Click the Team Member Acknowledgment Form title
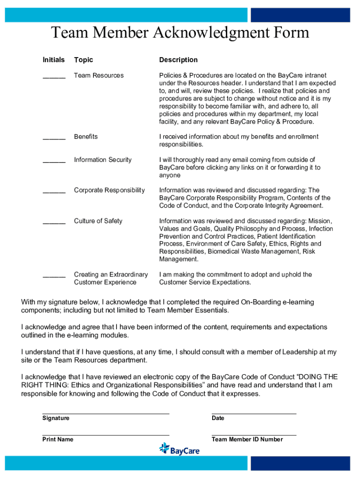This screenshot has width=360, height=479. [x=180, y=33]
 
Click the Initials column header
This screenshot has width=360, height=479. [x=54, y=60]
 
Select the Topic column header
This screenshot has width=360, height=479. [x=84, y=60]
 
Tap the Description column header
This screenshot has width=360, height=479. [x=178, y=60]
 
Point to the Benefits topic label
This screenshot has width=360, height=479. [x=86, y=137]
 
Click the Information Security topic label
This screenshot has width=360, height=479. [x=103, y=160]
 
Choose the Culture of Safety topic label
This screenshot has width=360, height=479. [x=98, y=221]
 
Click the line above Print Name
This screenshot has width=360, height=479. [x=106, y=435]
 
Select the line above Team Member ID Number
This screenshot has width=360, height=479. [x=254, y=435]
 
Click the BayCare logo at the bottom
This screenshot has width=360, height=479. [x=180, y=450]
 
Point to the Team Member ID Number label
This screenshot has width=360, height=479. [x=247, y=440]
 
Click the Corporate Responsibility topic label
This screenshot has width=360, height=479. [x=109, y=190]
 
